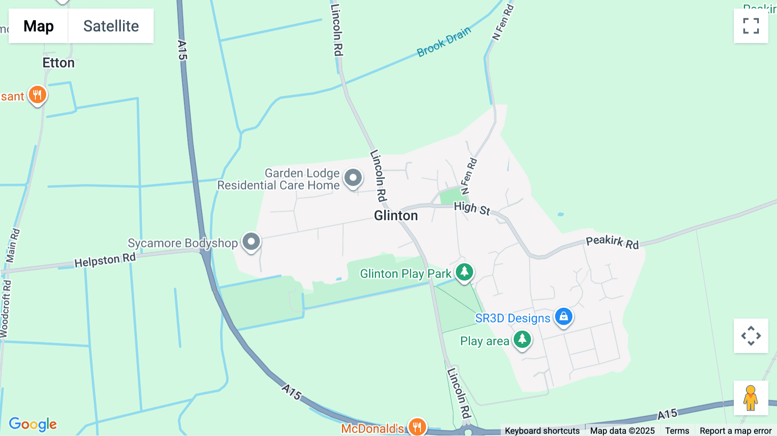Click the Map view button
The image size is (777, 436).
point(38,26)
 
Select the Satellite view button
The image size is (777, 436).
point(111,26)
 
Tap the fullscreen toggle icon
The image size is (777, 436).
point(751,26)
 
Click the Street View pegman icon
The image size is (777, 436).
point(751,398)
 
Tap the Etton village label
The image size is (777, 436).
point(58,63)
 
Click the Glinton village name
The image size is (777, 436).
point(396,215)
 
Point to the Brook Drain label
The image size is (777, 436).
point(443,42)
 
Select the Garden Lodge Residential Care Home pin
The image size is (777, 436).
point(353,177)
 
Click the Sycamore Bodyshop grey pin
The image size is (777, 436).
point(251,241)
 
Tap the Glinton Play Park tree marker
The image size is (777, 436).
point(464,272)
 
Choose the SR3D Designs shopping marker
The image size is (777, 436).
point(564,316)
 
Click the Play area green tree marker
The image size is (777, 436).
point(522,339)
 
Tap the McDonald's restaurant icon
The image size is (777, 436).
point(417,427)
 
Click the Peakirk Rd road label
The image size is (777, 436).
point(612,242)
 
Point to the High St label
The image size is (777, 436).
point(472,209)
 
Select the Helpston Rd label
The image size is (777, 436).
point(105,260)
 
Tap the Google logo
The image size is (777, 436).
point(33,424)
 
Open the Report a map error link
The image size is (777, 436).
point(736,431)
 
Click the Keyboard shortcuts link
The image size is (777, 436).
point(542,431)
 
